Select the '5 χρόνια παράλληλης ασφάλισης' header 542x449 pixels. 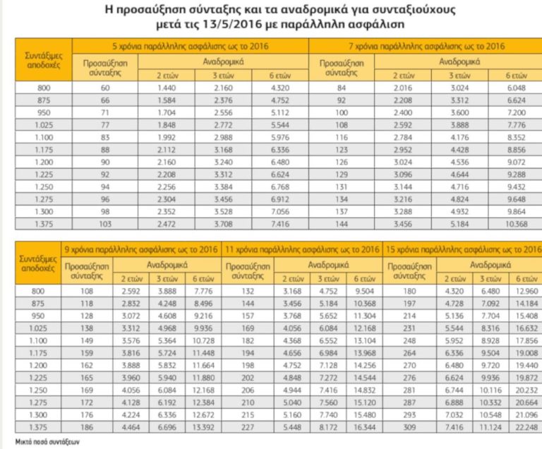(x=192, y=46)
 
